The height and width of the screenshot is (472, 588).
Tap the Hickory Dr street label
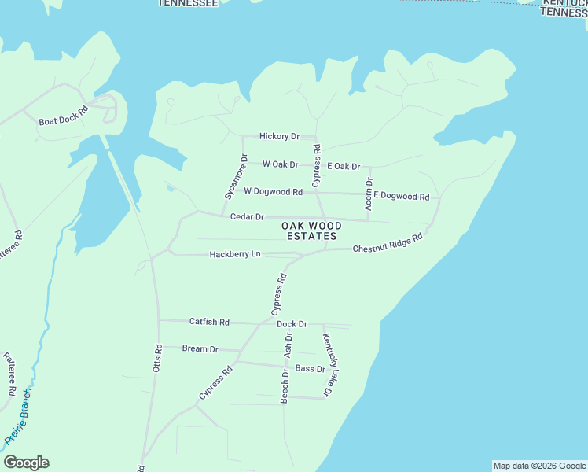[x=280, y=137]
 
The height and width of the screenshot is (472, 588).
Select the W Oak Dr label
[x=281, y=164]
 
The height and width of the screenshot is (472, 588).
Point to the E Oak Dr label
[x=344, y=167]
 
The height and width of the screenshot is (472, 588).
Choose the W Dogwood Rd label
[x=273, y=191]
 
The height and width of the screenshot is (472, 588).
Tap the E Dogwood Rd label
[x=401, y=196]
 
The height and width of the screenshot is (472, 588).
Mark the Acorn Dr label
[x=369, y=193]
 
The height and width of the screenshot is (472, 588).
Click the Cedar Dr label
[x=247, y=216]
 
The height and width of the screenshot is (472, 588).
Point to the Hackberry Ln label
[x=235, y=254]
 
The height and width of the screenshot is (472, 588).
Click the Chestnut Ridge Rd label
[x=388, y=242]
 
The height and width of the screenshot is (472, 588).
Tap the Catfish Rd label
[x=209, y=322]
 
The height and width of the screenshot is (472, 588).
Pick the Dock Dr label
[x=292, y=324]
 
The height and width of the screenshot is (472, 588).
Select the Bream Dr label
[x=200, y=348]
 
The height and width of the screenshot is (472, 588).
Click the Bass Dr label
[x=310, y=368]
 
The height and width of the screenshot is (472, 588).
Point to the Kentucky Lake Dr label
[x=329, y=364]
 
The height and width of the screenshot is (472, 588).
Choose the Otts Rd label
[x=159, y=359]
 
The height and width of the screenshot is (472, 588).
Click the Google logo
[x=26, y=463]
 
